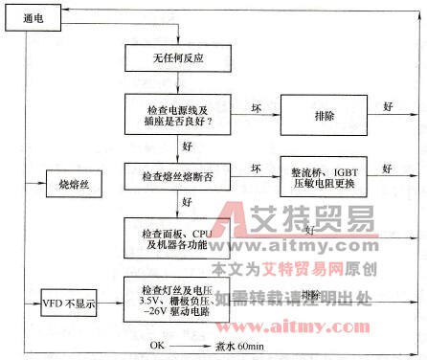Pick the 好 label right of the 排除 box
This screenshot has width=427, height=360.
pyautogui.click(x=388, y=105)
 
